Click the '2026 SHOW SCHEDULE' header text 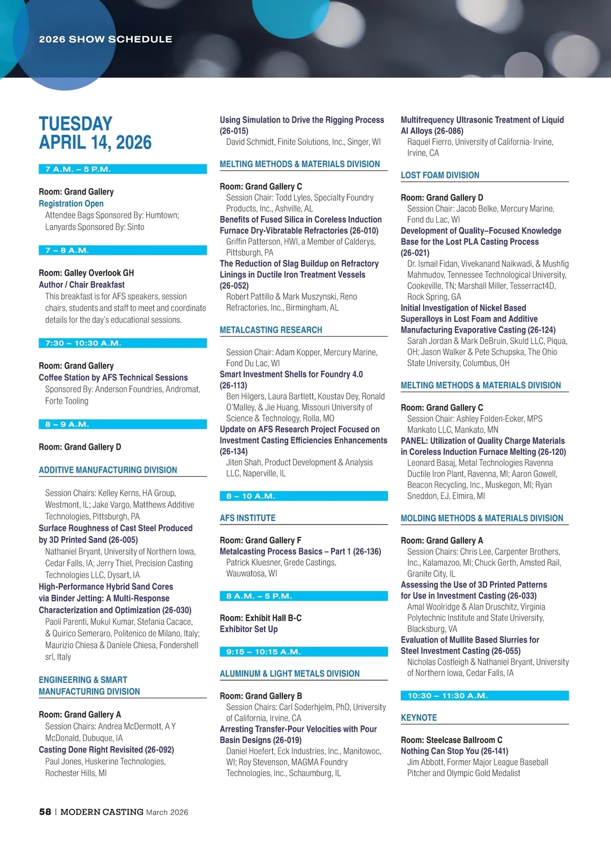coord(105,39)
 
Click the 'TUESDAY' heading coord(75,124)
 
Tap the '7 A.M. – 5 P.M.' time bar coord(122,169)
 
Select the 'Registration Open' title coord(71,203)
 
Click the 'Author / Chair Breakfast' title coord(81,285)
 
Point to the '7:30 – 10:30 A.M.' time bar coord(122,343)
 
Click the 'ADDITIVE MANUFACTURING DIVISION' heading coord(108,470)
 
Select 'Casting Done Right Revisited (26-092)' coord(106,750)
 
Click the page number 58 coord(45,812)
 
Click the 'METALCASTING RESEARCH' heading coord(271,330)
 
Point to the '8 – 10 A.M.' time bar coord(303,496)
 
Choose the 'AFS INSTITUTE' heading coord(247,518)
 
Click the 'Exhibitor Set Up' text coord(248,629)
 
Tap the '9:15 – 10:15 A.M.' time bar coord(303,652)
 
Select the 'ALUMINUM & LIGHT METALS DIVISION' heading coord(290,673)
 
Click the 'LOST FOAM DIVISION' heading coord(440,175)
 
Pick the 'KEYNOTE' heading coord(419,718)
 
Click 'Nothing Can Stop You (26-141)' coord(454,751)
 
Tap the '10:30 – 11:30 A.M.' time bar coord(484,696)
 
